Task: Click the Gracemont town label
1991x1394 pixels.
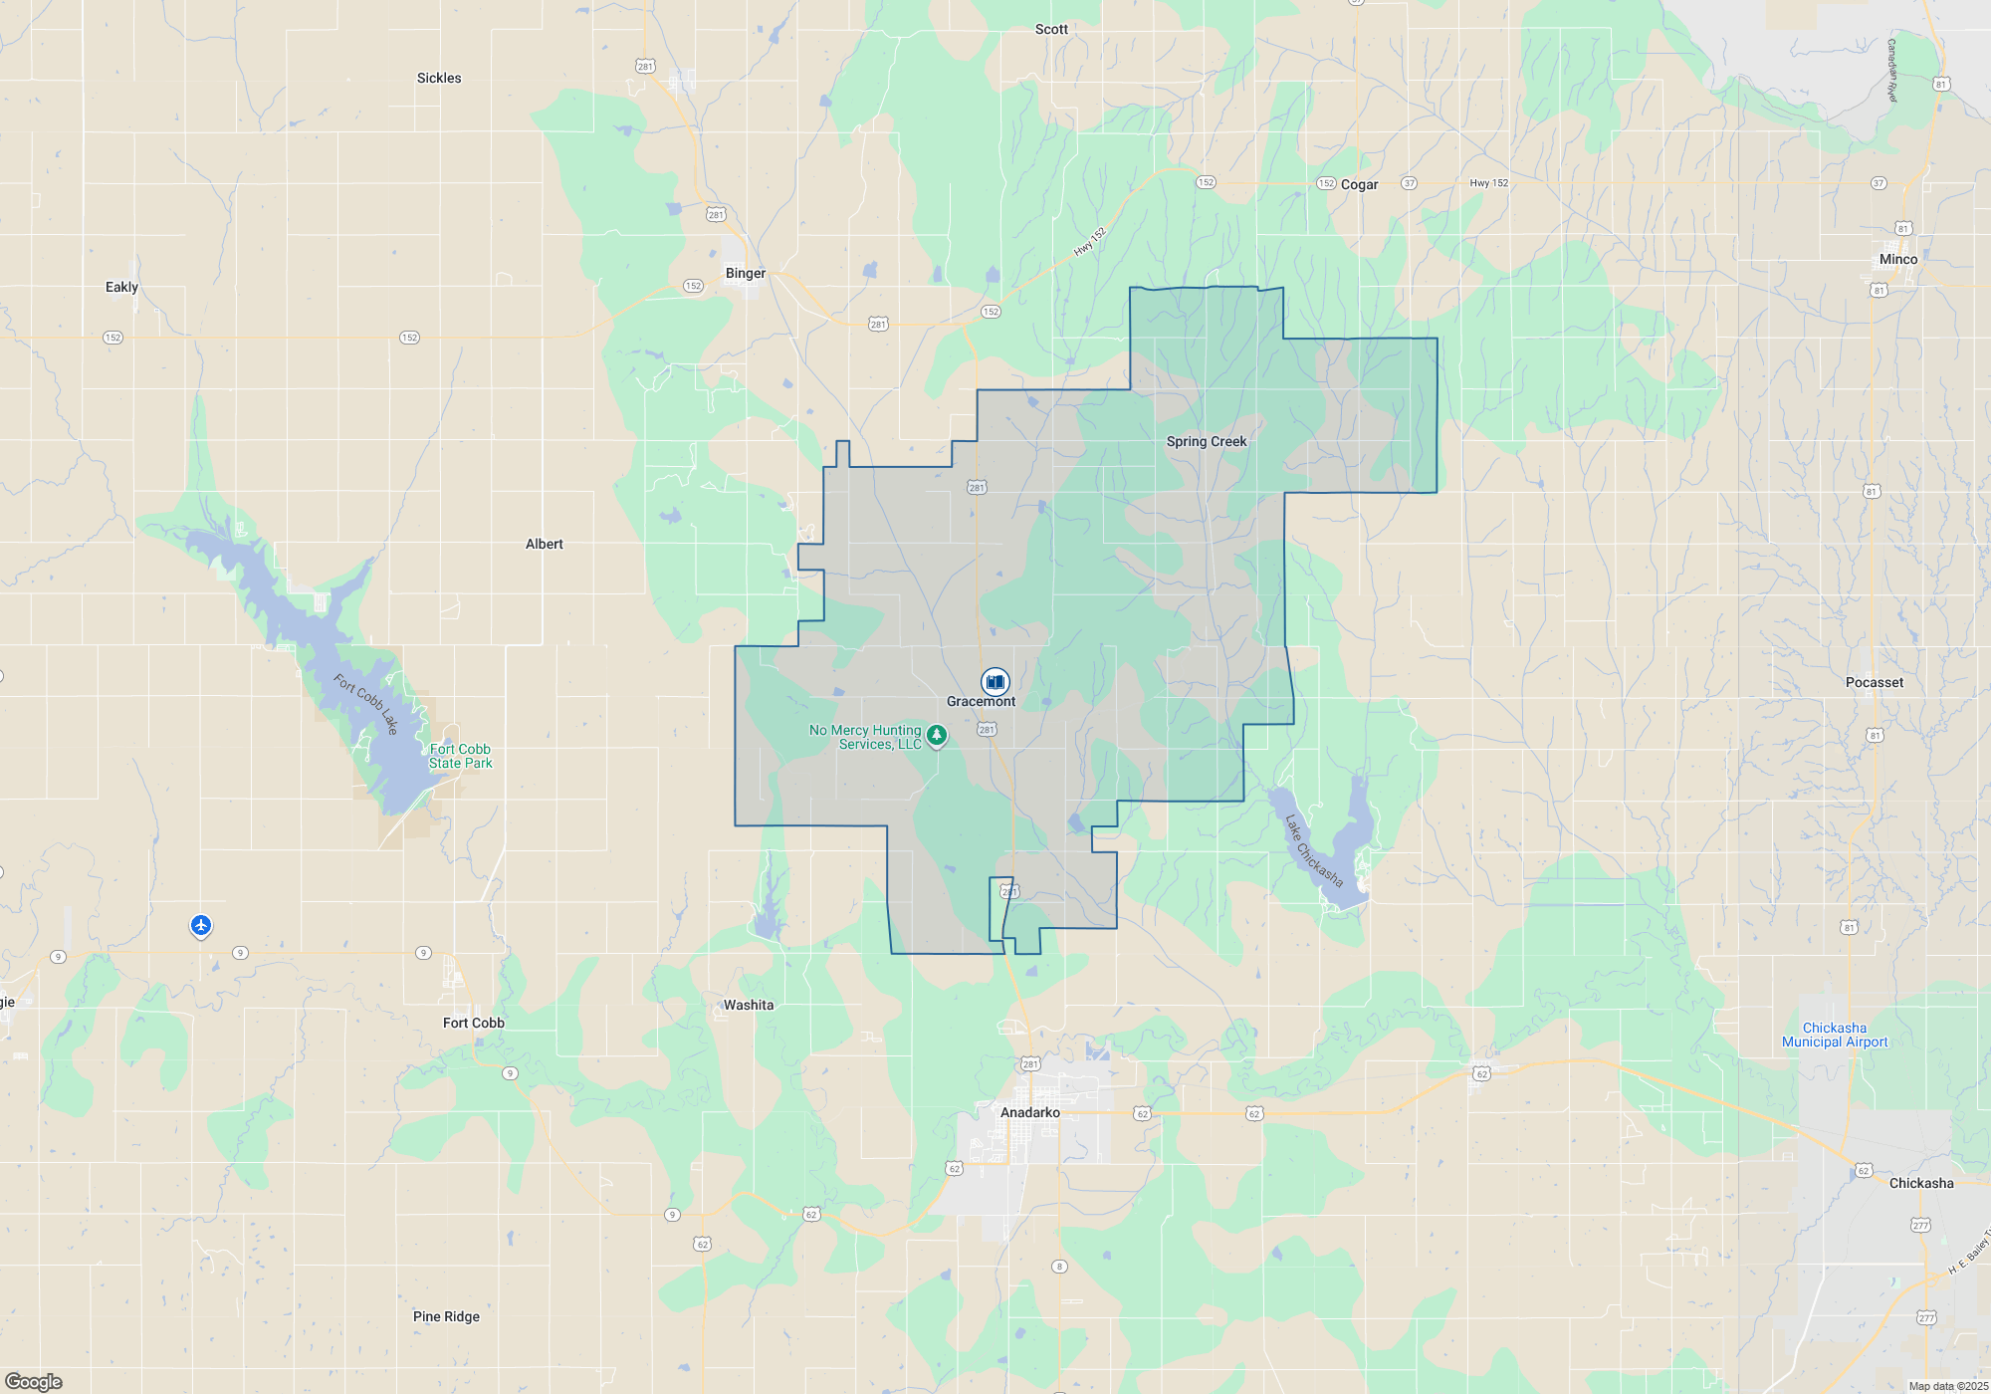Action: point(981,702)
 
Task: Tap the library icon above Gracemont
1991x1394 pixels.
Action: point(995,681)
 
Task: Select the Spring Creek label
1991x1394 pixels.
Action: point(1206,442)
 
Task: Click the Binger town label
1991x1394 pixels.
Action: point(746,274)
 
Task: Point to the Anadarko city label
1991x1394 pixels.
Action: point(1029,1113)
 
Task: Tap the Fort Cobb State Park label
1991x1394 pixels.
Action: point(460,757)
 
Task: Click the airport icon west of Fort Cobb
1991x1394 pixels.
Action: point(201,926)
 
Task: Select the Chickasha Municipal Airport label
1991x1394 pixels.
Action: point(1834,1036)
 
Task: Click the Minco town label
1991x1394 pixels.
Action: point(1897,260)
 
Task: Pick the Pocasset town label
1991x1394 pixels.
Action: point(1874,683)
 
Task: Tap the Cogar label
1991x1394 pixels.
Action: point(1359,185)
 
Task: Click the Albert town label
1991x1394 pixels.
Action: point(544,545)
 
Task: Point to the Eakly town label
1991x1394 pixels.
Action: point(121,288)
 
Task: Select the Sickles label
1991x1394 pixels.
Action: point(439,79)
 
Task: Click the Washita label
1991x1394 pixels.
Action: point(748,1006)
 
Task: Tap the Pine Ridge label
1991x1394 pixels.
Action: point(446,1317)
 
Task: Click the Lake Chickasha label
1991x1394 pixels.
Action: point(1314,851)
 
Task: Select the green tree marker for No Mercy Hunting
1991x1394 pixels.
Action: point(936,736)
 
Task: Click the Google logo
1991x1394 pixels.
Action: point(34,1382)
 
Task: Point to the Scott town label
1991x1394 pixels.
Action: point(1051,30)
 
